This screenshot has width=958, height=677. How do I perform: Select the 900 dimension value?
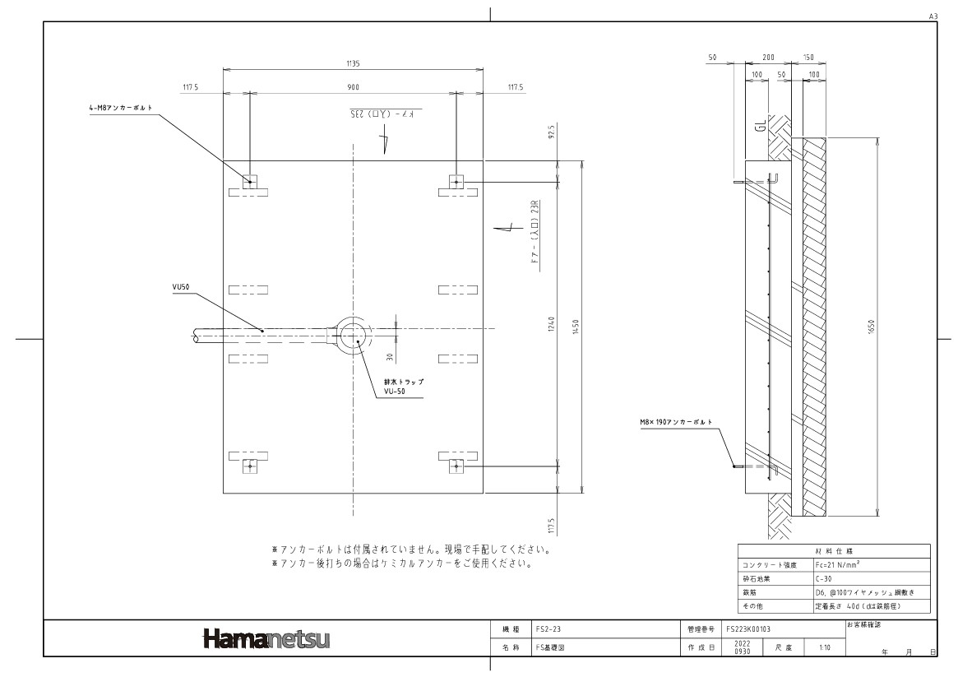click(354, 86)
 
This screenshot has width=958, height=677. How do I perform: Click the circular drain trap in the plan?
click(354, 332)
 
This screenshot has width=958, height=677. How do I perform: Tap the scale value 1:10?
click(824, 647)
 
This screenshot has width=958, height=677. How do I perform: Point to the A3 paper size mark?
click(932, 16)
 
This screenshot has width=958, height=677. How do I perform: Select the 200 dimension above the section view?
click(768, 59)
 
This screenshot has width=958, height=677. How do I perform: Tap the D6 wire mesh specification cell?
click(870, 591)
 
